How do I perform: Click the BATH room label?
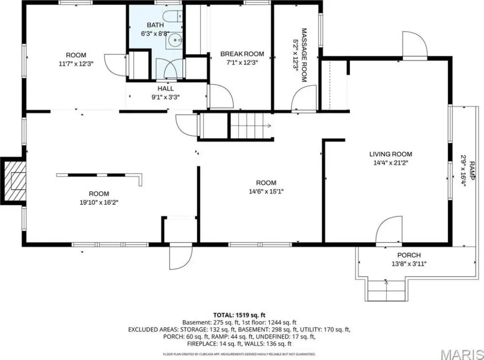[x=155, y=25]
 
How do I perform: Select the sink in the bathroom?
[x=174, y=40]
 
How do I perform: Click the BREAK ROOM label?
[x=242, y=54]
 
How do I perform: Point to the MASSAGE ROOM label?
[x=304, y=55]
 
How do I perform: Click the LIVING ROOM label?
[x=391, y=154]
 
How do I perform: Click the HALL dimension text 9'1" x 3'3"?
[x=165, y=97]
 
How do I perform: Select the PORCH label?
[x=409, y=255]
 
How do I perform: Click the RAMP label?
[x=472, y=170]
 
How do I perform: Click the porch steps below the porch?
[x=386, y=290]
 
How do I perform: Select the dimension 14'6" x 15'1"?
[x=266, y=192]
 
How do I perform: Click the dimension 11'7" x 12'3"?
[x=76, y=64]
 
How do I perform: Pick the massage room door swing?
[x=304, y=97]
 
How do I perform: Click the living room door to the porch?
[x=389, y=229]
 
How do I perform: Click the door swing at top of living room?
[x=415, y=44]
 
